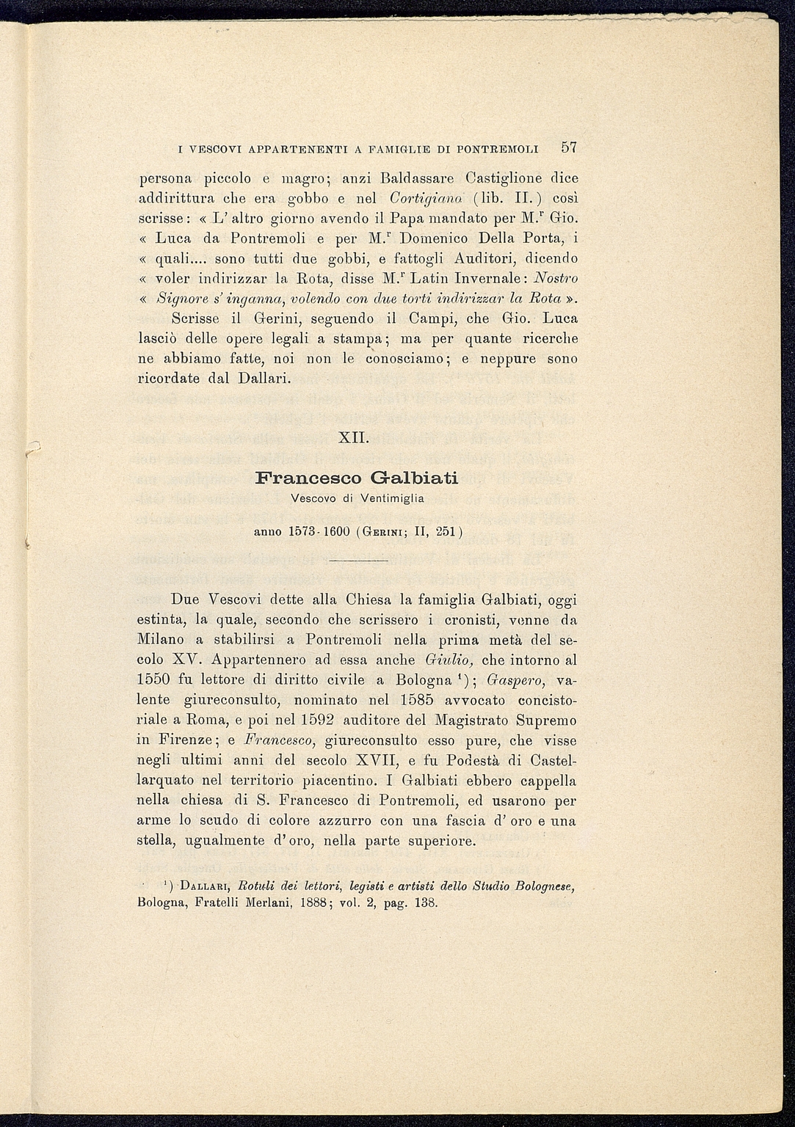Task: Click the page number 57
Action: [569, 147]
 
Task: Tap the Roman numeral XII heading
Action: [357, 438]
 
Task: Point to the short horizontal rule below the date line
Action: [357, 561]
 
